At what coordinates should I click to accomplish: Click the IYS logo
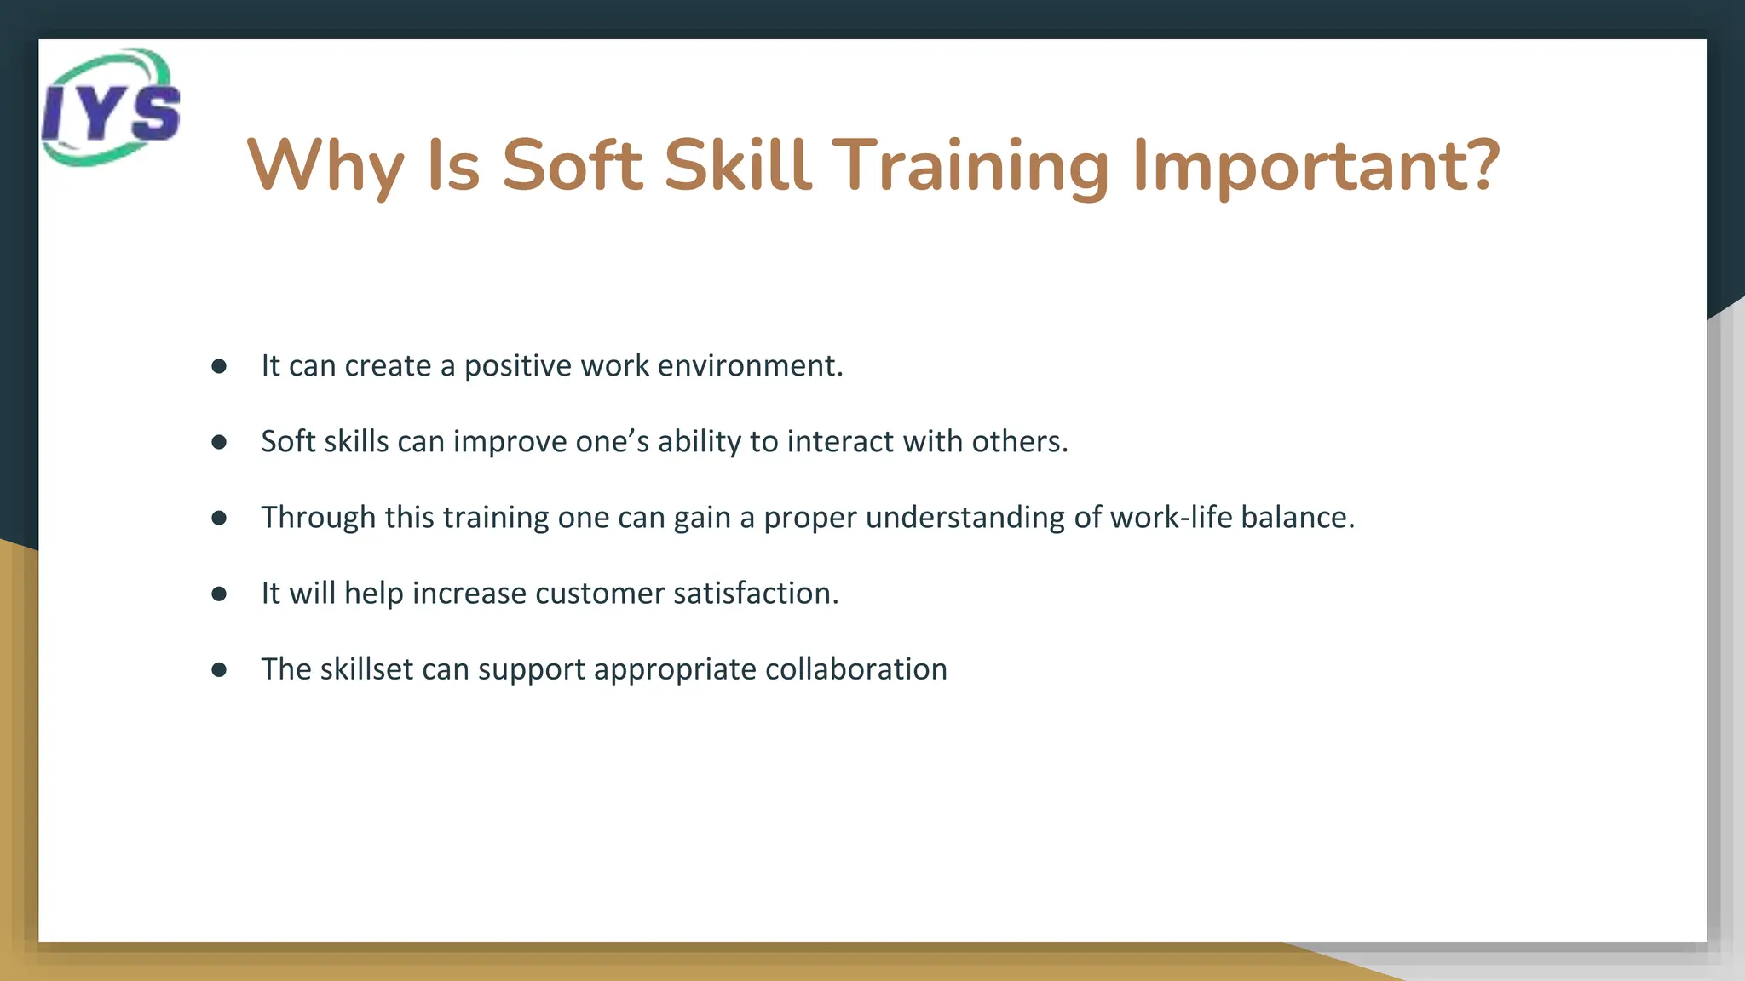pyautogui.click(x=111, y=107)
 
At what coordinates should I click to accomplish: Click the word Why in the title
pyautogui.click(x=325, y=166)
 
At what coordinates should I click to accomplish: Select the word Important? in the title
pyautogui.click(x=1316, y=166)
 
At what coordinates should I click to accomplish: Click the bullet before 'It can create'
pyautogui.click(x=219, y=366)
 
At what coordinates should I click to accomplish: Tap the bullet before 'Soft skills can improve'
pyautogui.click(x=219, y=442)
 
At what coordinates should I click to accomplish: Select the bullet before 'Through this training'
pyautogui.click(x=219, y=518)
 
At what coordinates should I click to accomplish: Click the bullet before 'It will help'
pyautogui.click(x=219, y=594)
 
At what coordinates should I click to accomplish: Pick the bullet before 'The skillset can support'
pyautogui.click(x=219, y=669)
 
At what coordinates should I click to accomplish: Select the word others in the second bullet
pyautogui.click(x=1019, y=441)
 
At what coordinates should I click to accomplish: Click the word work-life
pyautogui.click(x=1171, y=517)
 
